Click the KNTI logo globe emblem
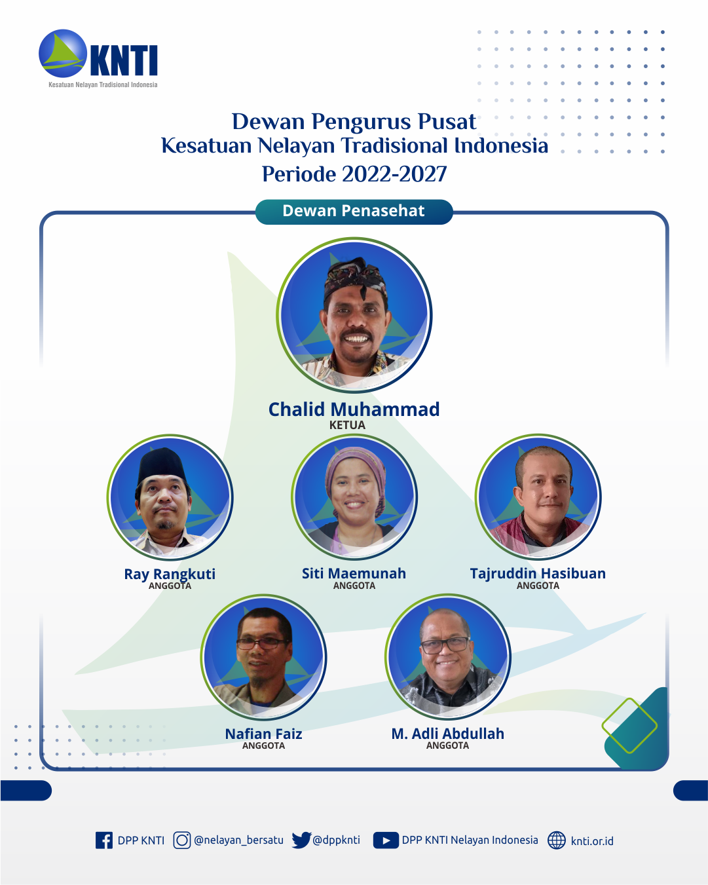(63, 53)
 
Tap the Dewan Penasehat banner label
(354, 211)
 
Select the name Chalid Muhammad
(354, 409)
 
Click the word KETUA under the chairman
(347, 425)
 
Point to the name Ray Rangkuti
(170, 574)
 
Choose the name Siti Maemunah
(354, 574)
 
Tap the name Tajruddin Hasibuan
(538, 574)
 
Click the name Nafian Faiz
(263, 734)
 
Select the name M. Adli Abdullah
(448, 734)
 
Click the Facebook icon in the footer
(104, 840)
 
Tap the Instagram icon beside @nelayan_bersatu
(182, 840)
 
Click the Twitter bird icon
(301, 840)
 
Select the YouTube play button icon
(386, 840)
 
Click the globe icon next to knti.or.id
(557, 840)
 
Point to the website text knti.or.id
(592, 841)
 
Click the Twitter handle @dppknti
(337, 840)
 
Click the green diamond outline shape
(629, 726)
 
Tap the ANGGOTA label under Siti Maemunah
(354, 586)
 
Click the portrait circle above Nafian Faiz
(263, 657)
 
